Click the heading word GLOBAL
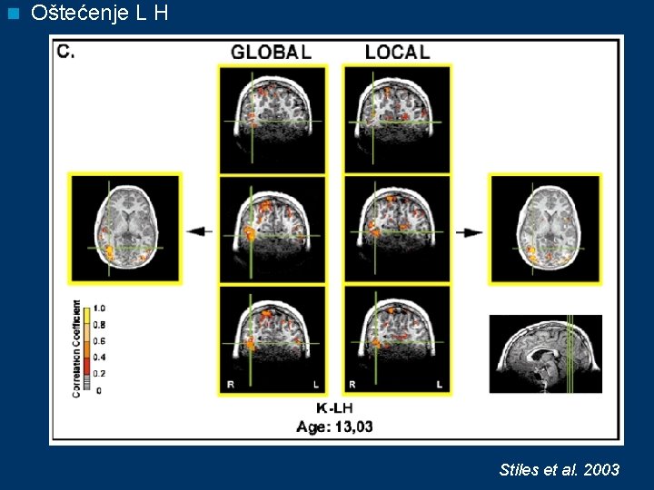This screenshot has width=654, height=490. pos(271,52)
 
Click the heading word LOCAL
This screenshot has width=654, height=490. pos(397,52)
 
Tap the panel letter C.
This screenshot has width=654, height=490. pos(65,52)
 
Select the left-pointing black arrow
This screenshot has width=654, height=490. pos(200,231)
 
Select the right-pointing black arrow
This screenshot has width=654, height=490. pos(469,232)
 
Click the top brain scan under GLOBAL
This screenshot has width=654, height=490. pos(272,118)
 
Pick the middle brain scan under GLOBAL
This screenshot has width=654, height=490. pos(272,229)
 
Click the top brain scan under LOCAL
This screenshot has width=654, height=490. pos(397,118)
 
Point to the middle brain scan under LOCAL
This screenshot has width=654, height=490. pos(397,229)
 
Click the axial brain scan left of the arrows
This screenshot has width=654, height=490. pos(125,229)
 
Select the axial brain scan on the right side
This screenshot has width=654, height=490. pos(545,229)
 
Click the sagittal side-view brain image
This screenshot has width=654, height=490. pos(545,354)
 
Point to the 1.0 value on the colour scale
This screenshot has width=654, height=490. pos(99,309)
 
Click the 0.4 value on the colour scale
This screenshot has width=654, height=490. pos(99,357)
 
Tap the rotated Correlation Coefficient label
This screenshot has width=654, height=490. pos(76,348)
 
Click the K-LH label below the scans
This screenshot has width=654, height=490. pos(333,409)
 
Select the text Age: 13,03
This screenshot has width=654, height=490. pos(333,426)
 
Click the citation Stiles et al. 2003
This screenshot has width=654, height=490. pos(560,469)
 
